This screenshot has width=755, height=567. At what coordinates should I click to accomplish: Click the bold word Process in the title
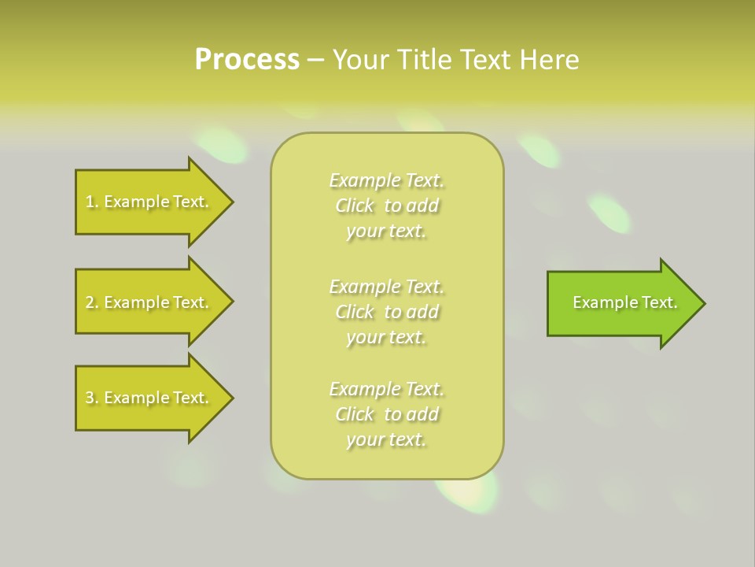247,60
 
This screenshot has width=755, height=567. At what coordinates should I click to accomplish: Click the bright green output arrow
621,303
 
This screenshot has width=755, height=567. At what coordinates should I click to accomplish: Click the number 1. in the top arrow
91,202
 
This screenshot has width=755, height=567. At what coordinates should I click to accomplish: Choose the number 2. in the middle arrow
91,302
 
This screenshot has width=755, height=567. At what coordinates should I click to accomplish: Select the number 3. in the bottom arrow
91,398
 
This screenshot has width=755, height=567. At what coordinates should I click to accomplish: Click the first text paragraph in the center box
387,206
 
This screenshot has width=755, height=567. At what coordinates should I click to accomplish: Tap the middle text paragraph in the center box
387,312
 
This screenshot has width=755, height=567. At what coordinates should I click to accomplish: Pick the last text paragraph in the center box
387,414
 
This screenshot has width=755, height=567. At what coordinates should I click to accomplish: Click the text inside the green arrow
624,302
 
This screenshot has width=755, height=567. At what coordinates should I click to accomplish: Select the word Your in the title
359,60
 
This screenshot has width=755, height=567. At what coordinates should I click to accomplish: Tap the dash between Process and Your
315,60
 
